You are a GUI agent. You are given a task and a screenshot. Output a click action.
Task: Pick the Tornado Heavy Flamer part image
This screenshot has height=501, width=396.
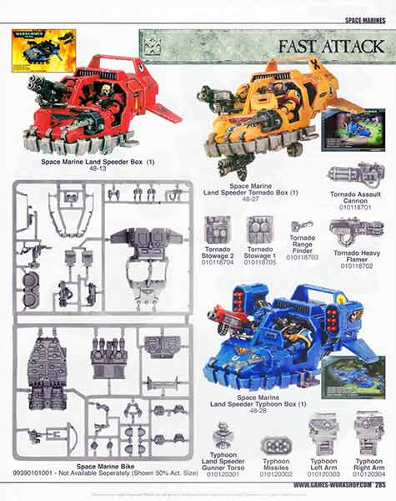pyautogui.click(x=354, y=229)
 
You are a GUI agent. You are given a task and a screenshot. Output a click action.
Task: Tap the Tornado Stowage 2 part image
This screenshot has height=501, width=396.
pyautogui.click(x=219, y=230)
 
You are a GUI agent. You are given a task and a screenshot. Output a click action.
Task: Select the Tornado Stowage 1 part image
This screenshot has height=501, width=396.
pyautogui.click(x=261, y=230)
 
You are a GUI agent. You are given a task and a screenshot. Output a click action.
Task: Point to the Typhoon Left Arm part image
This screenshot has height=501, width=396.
pyautogui.click(x=323, y=435)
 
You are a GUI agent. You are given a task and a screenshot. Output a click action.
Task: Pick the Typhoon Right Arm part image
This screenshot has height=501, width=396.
pyautogui.click(x=368, y=434)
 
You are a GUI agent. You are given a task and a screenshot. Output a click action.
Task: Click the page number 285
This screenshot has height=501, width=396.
pyautogui.click(x=379, y=484)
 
